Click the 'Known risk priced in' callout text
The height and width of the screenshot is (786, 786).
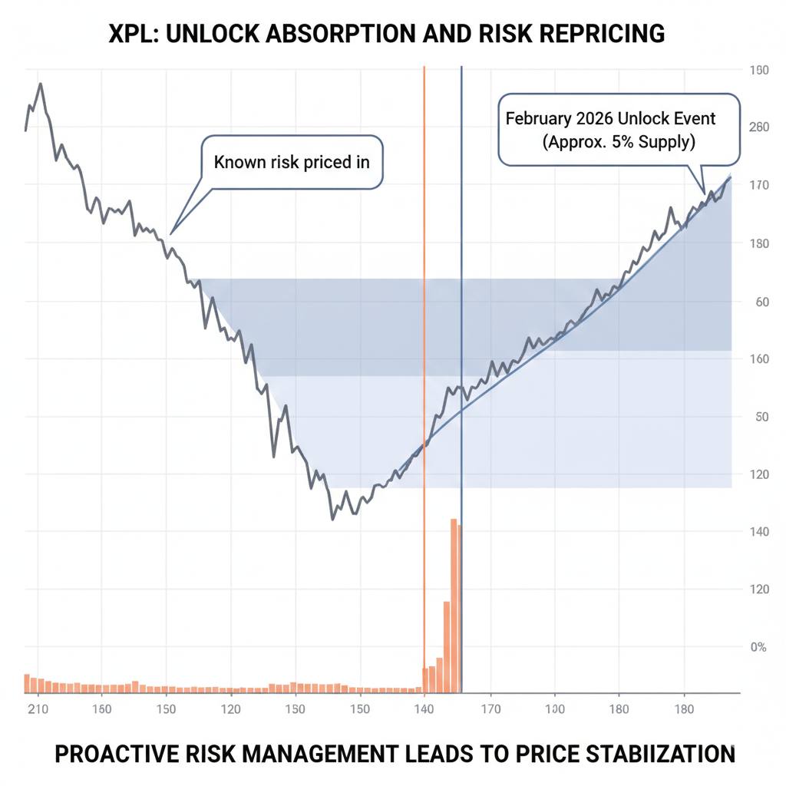tap(292, 162)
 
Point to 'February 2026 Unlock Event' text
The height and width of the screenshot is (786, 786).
tap(610, 119)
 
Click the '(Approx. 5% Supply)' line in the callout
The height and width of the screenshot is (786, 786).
tap(619, 142)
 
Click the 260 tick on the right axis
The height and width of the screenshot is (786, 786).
tap(758, 127)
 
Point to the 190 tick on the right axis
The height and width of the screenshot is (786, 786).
tap(758, 71)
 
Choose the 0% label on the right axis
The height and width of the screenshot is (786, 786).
tap(758, 647)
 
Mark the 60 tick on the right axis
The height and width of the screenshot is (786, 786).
tap(762, 302)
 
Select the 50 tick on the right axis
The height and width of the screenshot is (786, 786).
tap(762, 417)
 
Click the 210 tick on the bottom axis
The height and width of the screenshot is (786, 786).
tap(38, 709)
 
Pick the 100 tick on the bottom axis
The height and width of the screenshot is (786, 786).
tap(554, 709)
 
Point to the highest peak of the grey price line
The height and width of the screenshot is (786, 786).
tap(40, 84)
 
